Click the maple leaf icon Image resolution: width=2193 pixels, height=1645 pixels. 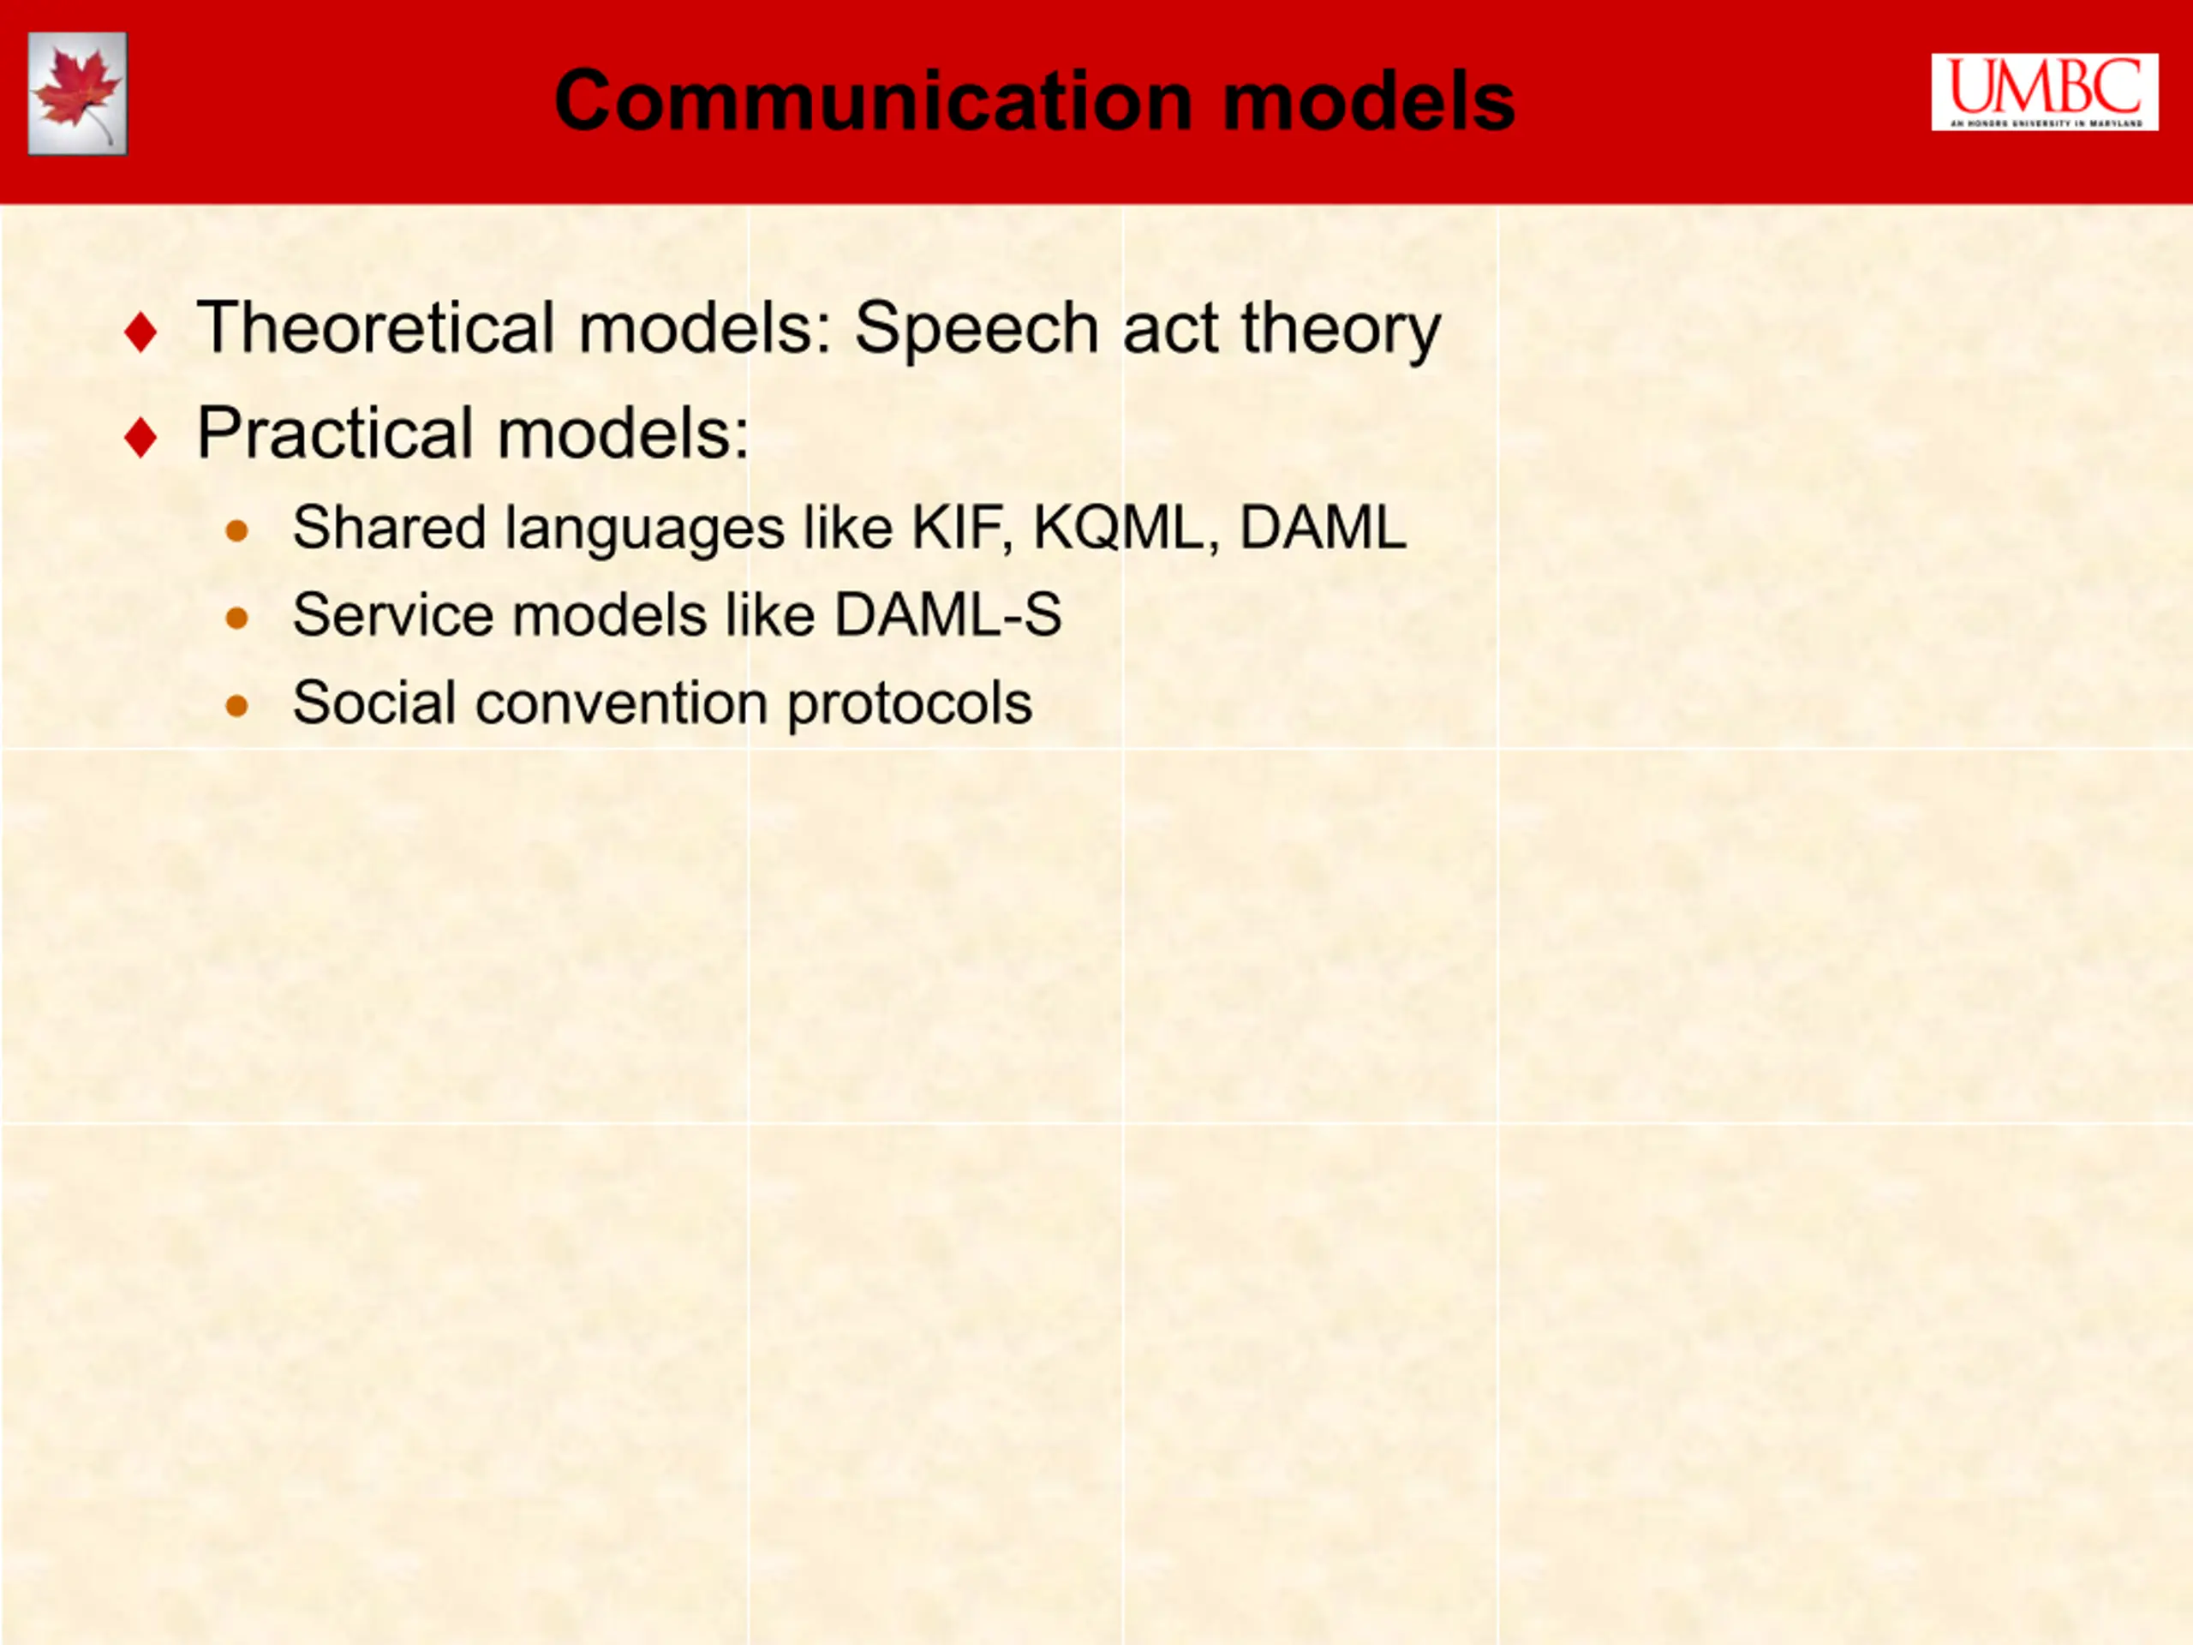click(77, 93)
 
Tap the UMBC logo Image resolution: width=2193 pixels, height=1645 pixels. click(2044, 93)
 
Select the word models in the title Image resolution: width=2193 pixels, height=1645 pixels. click(1369, 100)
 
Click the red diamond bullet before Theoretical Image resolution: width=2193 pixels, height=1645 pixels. click(140, 332)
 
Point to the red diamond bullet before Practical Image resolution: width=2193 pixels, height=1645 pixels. click(140, 437)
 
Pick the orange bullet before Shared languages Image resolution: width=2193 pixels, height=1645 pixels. click(237, 530)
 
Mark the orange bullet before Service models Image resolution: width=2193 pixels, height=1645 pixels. click(237, 619)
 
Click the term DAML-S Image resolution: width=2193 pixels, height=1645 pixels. click(947, 615)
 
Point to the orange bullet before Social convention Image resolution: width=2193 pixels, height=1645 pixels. click(237, 706)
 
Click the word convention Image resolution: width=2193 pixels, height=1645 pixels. click(622, 703)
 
